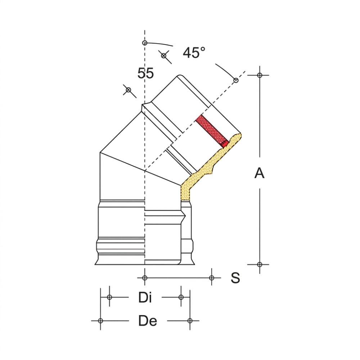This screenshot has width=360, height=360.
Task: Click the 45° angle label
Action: [194, 53]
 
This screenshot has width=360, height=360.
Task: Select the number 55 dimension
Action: [145, 73]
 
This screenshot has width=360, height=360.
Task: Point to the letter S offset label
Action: [235, 278]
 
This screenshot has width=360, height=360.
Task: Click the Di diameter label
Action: [145, 297]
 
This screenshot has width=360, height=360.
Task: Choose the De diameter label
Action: [148, 321]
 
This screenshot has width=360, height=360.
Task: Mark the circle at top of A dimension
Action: [260, 75]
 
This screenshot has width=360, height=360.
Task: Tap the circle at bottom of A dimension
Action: [260, 265]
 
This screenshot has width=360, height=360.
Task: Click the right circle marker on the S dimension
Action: [212, 278]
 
